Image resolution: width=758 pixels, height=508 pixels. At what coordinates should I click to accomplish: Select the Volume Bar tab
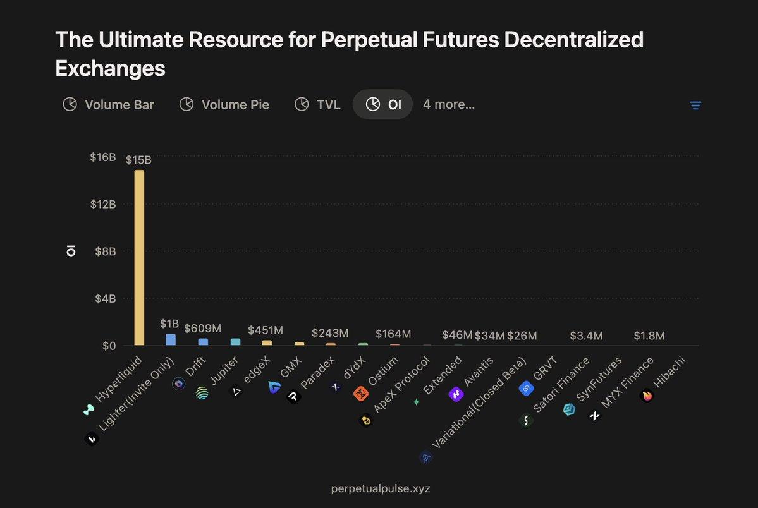[108, 104]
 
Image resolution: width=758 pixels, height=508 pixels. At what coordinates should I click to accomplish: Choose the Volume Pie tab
[224, 104]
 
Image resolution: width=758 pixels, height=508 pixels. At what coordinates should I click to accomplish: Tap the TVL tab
[317, 104]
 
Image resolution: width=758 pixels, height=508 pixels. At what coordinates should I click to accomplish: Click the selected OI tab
[383, 104]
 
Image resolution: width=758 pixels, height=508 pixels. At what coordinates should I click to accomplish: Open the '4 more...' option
[449, 104]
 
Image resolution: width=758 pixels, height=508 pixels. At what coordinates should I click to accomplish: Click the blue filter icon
[695, 106]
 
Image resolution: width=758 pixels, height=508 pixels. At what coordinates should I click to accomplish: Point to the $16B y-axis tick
[102, 157]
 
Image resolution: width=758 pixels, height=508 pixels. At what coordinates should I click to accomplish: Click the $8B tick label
[104, 251]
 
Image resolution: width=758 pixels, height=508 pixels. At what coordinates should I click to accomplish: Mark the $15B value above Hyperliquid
[138, 160]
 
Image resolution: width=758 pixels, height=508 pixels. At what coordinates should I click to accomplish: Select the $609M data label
[203, 329]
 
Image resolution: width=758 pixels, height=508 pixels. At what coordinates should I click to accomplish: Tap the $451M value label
[266, 330]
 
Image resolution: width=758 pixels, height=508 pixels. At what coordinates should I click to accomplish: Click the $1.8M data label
[649, 336]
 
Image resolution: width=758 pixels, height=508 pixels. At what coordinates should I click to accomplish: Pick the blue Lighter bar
[171, 339]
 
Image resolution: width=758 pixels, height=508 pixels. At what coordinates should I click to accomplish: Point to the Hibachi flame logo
[647, 396]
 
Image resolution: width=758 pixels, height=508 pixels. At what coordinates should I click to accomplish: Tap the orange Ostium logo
[360, 394]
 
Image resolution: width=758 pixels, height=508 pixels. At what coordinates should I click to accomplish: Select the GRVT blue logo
[526, 389]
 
